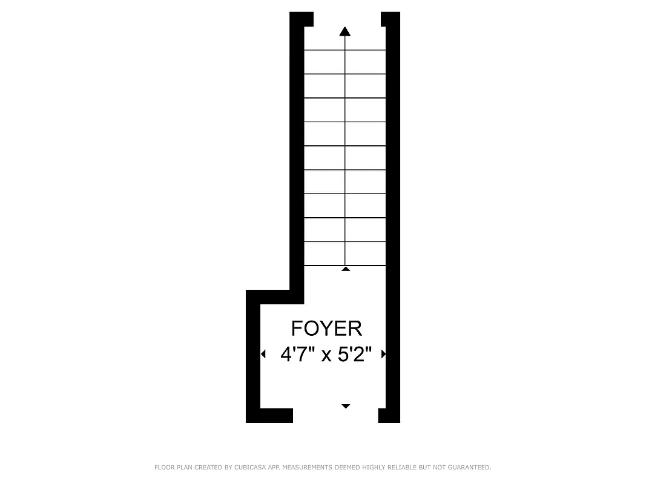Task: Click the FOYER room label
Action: click(x=326, y=329)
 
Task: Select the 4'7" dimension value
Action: click(x=297, y=354)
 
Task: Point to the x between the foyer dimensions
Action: click(x=326, y=356)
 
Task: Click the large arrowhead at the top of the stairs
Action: click(x=345, y=31)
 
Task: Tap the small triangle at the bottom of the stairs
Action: click(x=346, y=268)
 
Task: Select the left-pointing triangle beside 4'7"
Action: click(x=263, y=354)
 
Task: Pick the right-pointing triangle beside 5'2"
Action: click(x=383, y=354)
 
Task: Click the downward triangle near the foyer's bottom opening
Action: click(x=346, y=406)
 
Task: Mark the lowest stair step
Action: click(x=345, y=253)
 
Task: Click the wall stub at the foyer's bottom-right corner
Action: click(x=389, y=416)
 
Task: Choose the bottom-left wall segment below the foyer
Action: click(x=269, y=416)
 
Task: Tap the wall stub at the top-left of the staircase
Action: click(x=302, y=19)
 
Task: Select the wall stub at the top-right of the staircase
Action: click(x=390, y=19)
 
